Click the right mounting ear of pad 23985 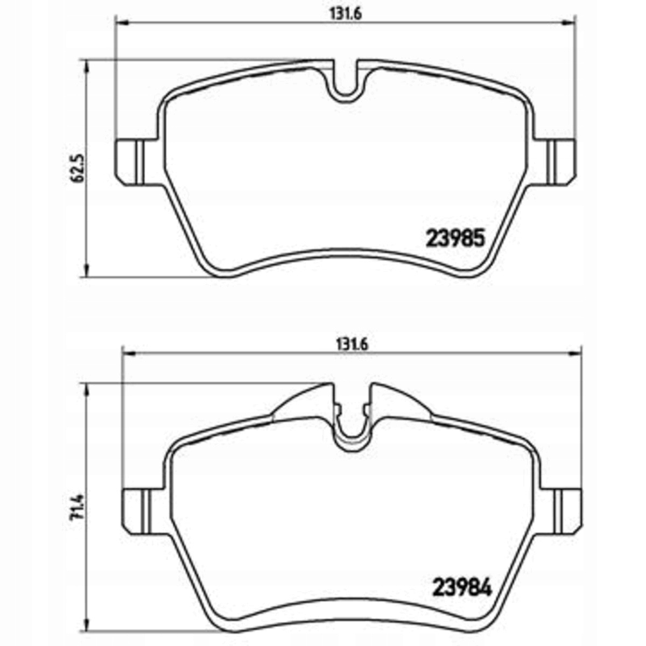tap(556, 162)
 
